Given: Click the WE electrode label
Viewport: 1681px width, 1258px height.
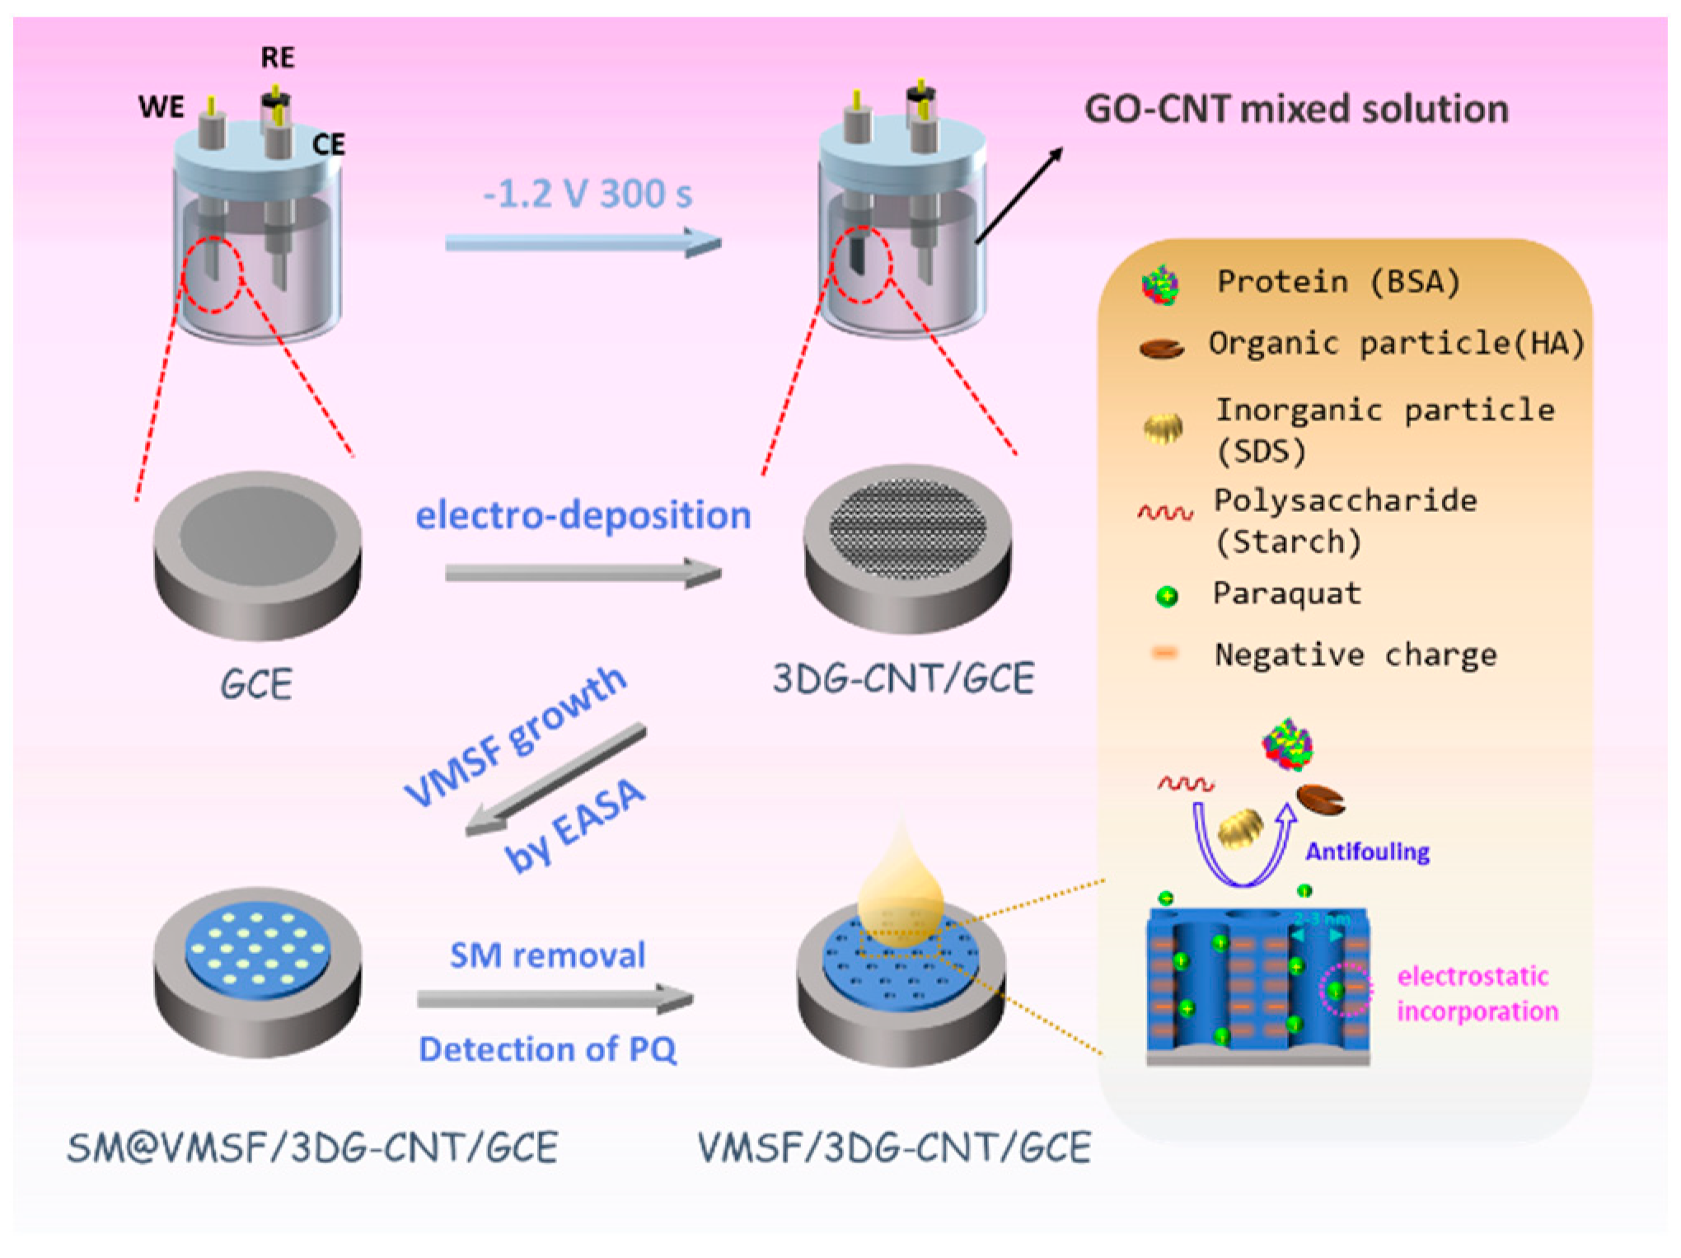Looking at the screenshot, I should [x=162, y=107].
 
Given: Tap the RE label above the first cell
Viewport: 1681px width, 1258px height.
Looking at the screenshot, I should [x=278, y=58].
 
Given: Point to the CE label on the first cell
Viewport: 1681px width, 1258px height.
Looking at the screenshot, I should [x=328, y=145].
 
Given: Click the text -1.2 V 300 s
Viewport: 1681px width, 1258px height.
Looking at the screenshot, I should [x=587, y=195].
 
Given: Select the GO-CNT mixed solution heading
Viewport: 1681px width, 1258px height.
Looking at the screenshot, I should [x=1296, y=109].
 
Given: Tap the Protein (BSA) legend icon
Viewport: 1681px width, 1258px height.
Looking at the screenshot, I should [x=1160, y=285].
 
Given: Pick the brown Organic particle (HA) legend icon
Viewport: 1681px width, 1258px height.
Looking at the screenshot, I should [x=1161, y=349].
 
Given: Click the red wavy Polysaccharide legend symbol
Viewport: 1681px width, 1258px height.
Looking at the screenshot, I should [x=1164, y=514].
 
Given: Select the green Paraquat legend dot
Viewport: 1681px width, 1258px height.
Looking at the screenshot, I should [x=1166, y=596].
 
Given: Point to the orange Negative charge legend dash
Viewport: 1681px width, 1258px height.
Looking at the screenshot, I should [x=1164, y=654].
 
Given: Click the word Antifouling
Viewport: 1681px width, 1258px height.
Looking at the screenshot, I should [x=1367, y=852].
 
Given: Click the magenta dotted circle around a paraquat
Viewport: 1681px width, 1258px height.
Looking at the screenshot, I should [x=1345, y=989].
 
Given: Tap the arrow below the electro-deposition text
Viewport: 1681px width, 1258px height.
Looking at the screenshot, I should [x=583, y=573].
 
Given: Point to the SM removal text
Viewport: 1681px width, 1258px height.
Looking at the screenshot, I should [x=547, y=955].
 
